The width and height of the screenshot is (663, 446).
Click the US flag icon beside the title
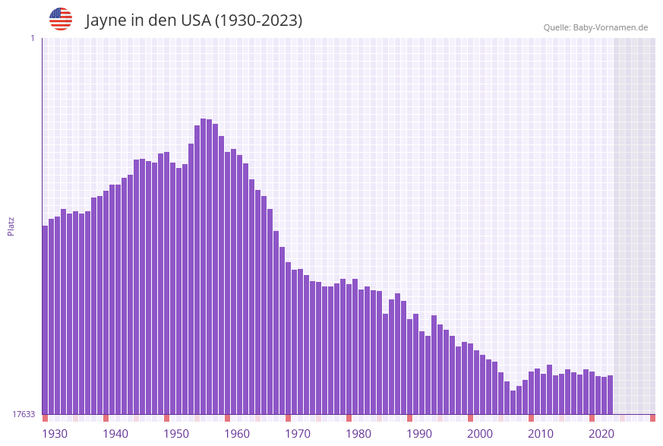coord(61,19)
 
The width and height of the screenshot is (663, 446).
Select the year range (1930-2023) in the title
coord(259,21)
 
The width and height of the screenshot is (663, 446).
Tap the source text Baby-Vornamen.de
coord(611,27)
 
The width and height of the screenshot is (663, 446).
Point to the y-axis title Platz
coord(11,226)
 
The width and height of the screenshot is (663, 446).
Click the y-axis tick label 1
coord(32,38)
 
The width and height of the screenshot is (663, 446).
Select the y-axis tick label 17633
coord(24,414)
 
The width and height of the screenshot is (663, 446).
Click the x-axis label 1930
coord(55,434)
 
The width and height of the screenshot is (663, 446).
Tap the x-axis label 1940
coord(115,434)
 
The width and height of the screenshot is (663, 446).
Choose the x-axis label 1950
coord(176,434)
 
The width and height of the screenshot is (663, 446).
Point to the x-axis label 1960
coord(237,434)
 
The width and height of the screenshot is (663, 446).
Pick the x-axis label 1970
coord(298,434)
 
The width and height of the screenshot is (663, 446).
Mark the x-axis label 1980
coord(358,434)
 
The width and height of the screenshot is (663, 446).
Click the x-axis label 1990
coord(419,434)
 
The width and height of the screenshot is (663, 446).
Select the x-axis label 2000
coord(480,434)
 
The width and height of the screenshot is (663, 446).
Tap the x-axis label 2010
coord(541,434)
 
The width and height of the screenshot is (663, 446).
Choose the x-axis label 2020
coord(601,434)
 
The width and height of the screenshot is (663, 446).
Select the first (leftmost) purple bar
coord(45,319)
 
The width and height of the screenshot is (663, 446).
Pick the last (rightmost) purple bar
coord(610,394)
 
